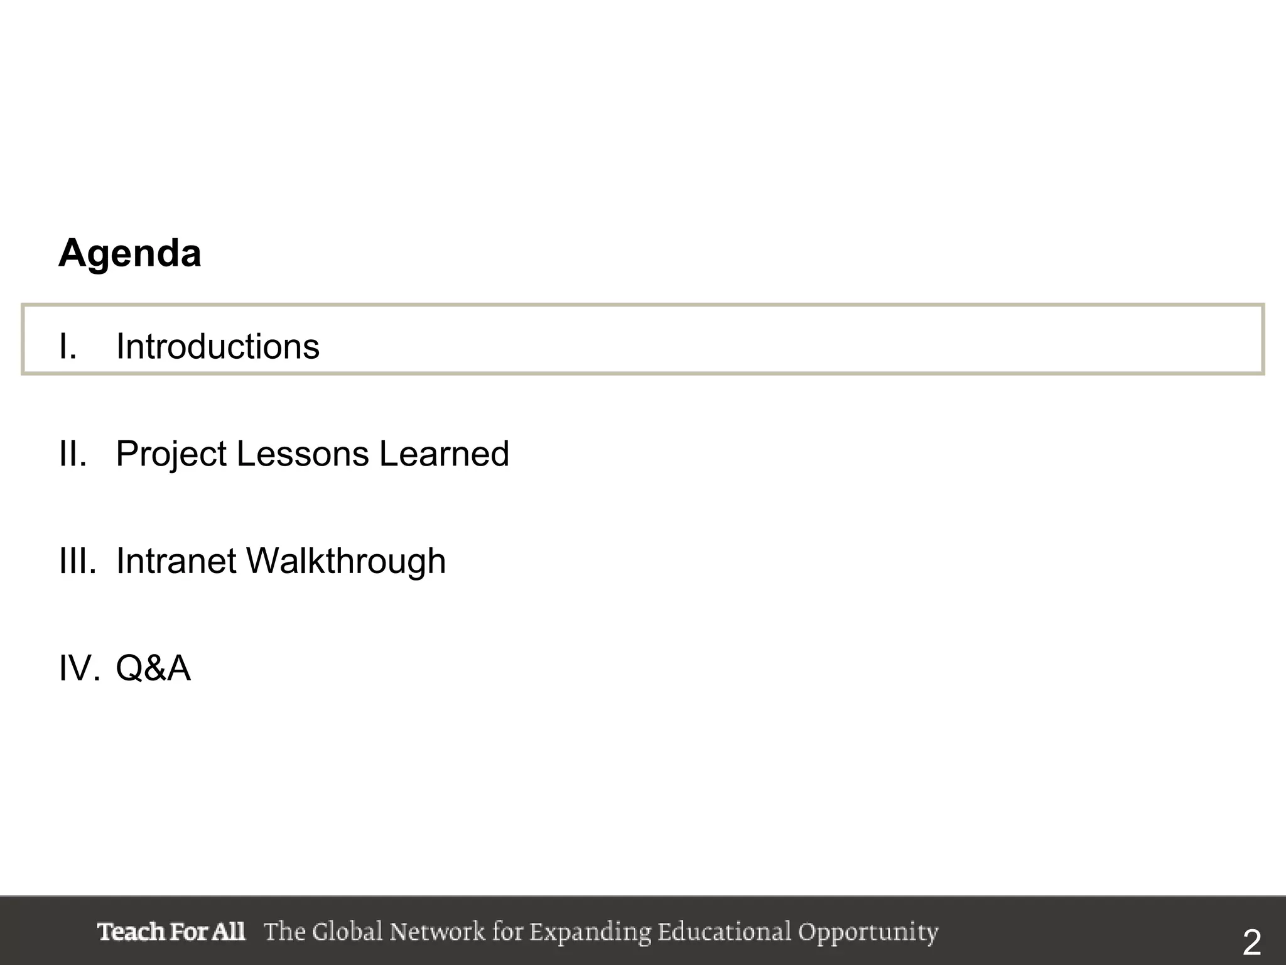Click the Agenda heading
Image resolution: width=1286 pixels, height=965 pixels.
pyautogui.click(x=130, y=253)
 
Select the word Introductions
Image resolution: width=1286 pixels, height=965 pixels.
pyautogui.click(x=217, y=346)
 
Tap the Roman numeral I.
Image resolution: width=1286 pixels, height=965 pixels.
pyautogui.click(x=67, y=346)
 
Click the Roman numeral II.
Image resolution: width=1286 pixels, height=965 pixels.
pyautogui.click(x=72, y=454)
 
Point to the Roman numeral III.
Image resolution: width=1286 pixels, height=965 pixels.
pyautogui.click(x=77, y=561)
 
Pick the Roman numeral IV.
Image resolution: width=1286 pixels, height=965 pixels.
pyautogui.click(x=78, y=668)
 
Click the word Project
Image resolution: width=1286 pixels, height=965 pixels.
pyautogui.click(x=171, y=455)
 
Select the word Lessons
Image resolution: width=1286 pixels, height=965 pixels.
pyautogui.click(x=302, y=454)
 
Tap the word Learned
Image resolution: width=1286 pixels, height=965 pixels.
pyautogui.click(x=444, y=454)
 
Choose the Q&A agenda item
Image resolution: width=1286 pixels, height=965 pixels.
pyautogui.click(x=153, y=668)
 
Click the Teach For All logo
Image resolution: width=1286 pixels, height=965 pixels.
pyautogui.click(x=171, y=932)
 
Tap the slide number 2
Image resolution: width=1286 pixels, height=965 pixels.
pyautogui.click(x=1252, y=943)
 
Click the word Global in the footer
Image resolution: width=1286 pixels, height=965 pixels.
pyautogui.click(x=347, y=932)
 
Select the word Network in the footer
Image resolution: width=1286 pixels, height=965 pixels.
pyautogui.click(x=437, y=932)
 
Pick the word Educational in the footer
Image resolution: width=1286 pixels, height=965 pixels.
pyautogui.click(x=725, y=932)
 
